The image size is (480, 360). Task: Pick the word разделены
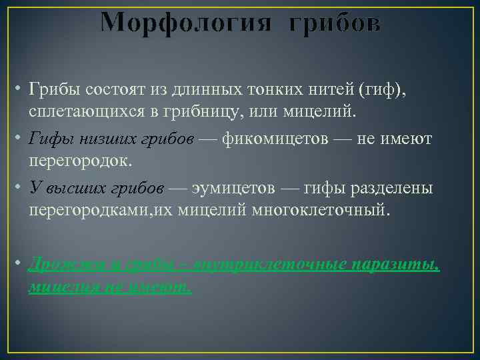click(392, 188)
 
